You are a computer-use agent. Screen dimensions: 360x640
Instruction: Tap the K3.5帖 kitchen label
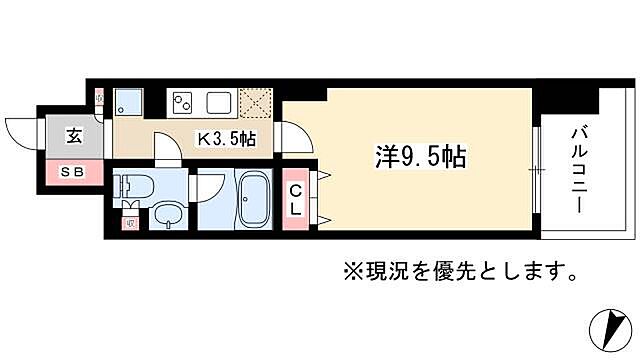click(225, 139)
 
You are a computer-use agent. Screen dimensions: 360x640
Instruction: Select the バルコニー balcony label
click(579, 167)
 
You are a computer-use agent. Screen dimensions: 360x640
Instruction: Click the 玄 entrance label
click(75, 138)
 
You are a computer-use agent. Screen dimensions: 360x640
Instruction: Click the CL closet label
click(297, 199)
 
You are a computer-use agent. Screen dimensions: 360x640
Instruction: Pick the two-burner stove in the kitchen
click(184, 102)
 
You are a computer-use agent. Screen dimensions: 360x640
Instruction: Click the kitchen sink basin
click(219, 102)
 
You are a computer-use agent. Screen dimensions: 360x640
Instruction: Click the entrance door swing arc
click(22, 133)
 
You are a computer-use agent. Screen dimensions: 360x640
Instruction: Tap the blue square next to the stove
click(128, 101)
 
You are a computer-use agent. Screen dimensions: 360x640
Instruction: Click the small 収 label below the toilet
click(131, 222)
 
